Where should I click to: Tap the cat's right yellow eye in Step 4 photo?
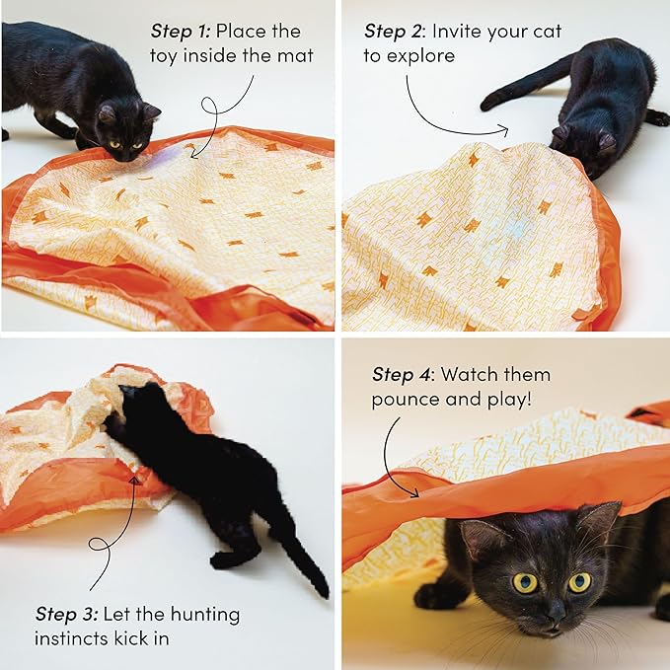(579, 582)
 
